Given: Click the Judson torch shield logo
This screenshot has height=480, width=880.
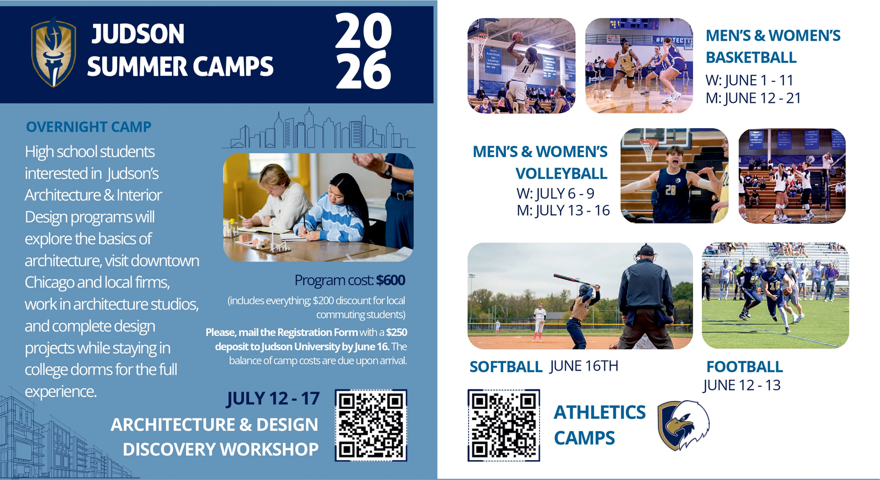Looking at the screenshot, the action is (x=53, y=52).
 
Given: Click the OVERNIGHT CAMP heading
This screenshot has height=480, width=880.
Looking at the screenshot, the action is (x=89, y=127).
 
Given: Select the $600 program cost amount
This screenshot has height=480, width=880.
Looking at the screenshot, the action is (x=391, y=280).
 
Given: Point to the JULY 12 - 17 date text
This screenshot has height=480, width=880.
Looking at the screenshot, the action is (x=273, y=399).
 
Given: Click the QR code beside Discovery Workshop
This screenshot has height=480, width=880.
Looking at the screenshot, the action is (x=371, y=426).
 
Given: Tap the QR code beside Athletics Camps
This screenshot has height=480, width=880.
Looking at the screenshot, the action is (x=504, y=426).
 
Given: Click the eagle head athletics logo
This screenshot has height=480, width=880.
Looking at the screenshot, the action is (x=684, y=425).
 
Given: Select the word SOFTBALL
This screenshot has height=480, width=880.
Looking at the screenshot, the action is (x=506, y=367).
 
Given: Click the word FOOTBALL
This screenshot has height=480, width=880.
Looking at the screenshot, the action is (x=745, y=367).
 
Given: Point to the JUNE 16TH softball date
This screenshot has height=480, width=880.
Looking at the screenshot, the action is (x=584, y=366).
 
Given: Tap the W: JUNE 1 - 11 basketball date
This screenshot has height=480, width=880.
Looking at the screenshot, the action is (x=749, y=80).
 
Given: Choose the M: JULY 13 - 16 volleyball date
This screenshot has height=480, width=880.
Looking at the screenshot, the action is (x=563, y=211).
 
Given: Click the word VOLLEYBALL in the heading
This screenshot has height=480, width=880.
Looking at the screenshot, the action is (x=562, y=174).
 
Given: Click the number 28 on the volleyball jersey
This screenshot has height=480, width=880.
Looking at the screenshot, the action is (x=670, y=190).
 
